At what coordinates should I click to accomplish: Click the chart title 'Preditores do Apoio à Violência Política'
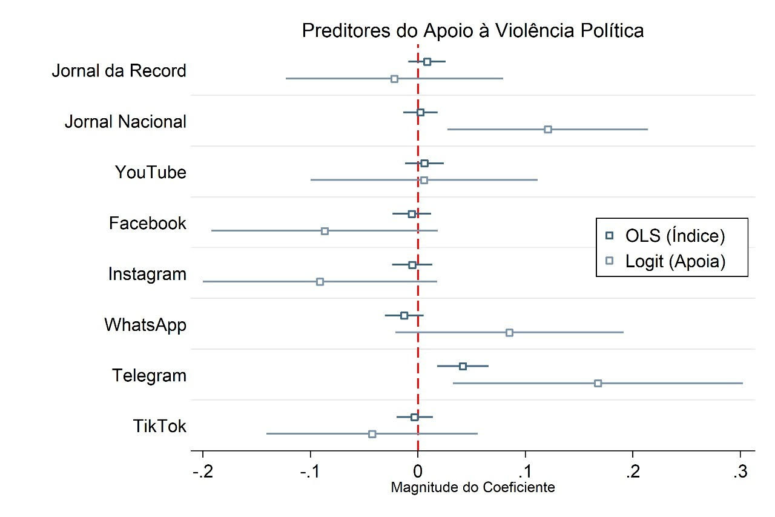click(x=472, y=31)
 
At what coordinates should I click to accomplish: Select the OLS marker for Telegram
click(x=463, y=366)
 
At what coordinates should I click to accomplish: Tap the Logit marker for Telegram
click(x=598, y=383)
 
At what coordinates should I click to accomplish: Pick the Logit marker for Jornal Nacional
click(x=547, y=129)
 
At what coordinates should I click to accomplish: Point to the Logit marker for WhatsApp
click(x=509, y=332)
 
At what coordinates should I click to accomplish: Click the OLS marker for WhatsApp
click(x=404, y=315)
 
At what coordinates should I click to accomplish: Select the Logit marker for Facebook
click(x=325, y=231)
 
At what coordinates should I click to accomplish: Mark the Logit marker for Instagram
click(x=320, y=282)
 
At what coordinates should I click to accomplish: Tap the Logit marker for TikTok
click(x=372, y=434)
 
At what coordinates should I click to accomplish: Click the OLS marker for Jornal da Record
click(x=427, y=61)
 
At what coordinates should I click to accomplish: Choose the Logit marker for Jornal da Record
click(x=394, y=79)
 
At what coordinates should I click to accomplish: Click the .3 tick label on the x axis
click(x=740, y=473)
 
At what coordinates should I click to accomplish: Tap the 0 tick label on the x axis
click(x=418, y=473)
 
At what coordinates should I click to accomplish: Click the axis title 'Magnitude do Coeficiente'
click(x=472, y=488)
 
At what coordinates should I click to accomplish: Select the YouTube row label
click(x=151, y=173)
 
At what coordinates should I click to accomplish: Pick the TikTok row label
click(x=160, y=427)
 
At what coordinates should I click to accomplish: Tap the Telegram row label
click(x=149, y=376)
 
